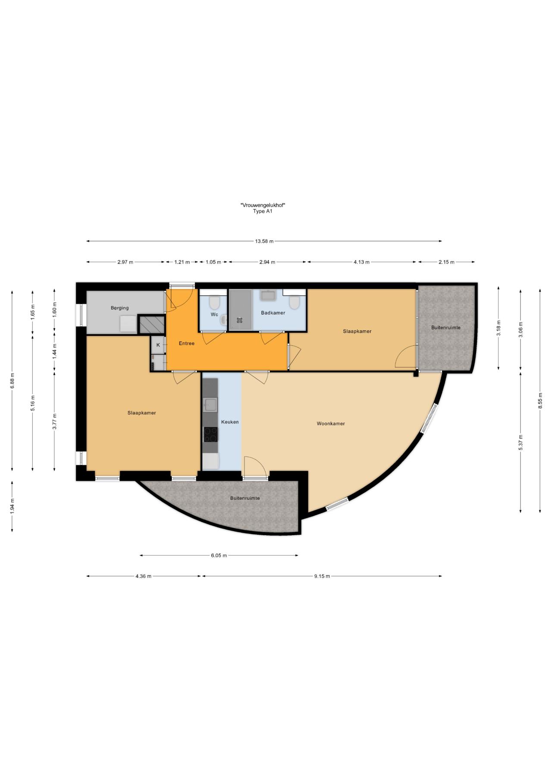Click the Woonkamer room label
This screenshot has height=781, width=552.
[331, 423]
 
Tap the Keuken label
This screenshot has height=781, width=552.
[230, 422]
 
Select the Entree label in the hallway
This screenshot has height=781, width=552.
[187, 343]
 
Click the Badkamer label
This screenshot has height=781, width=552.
[273, 313]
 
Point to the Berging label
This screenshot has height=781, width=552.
[119, 308]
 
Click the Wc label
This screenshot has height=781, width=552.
[214, 314]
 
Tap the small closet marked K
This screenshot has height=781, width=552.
[158, 345]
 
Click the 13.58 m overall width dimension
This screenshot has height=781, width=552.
[264, 241]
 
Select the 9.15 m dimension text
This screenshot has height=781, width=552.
[322, 576]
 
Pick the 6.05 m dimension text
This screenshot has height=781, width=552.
[219, 555]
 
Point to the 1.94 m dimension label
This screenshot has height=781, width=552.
[12, 506]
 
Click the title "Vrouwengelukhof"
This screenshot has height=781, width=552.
[263, 205]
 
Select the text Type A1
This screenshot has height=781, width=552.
[263, 211]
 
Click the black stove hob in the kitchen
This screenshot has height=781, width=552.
[211, 434]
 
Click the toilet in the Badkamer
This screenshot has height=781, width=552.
[295, 302]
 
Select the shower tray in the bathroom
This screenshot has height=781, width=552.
[240, 310]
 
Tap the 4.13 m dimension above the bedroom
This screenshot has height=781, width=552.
[361, 262]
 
